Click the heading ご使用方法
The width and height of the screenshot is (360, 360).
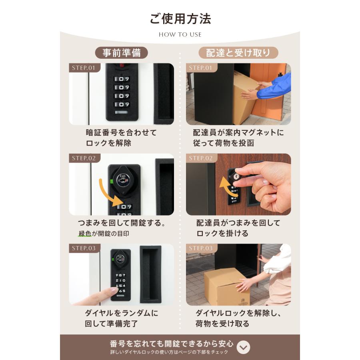click(180, 19)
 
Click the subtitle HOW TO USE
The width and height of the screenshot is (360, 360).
click(180, 34)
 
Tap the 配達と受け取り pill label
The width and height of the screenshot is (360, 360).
click(238, 53)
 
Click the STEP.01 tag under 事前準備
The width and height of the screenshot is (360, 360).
click(84, 68)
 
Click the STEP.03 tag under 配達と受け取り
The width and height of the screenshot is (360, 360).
click(200, 248)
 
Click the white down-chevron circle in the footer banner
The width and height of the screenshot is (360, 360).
click(243, 347)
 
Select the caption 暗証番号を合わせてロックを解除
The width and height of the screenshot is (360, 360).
click(121, 138)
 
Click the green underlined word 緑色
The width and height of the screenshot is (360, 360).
click(84, 234)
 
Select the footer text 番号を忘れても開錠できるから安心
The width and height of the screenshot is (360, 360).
click(171, 344)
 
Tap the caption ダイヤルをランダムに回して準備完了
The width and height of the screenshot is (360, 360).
click(121, 318)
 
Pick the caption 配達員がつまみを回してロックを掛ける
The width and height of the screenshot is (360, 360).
click(238, 228)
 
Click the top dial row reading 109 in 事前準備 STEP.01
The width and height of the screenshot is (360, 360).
click(122, 79)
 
